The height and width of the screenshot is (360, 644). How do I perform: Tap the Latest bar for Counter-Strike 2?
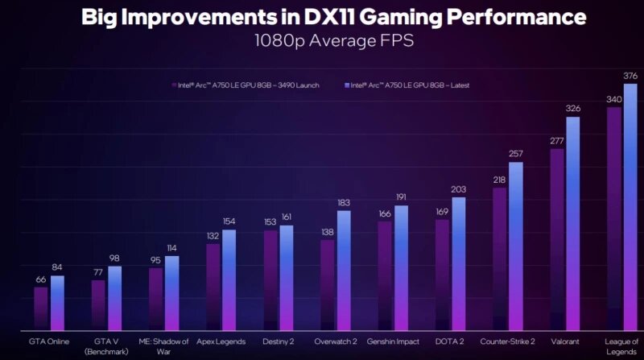(516, 246)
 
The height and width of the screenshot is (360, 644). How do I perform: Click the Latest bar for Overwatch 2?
(344, 271)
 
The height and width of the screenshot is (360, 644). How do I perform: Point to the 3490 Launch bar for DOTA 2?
(442, 275)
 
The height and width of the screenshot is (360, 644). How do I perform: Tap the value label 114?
(171, 248)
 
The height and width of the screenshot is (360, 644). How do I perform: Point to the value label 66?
(40, 279)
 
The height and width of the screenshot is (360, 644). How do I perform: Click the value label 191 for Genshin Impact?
(401, 197)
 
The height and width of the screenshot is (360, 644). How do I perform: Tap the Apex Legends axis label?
(221, 341)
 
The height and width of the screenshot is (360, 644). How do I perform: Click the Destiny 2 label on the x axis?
(279, 341)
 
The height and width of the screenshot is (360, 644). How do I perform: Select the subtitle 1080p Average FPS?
(322, 40)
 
